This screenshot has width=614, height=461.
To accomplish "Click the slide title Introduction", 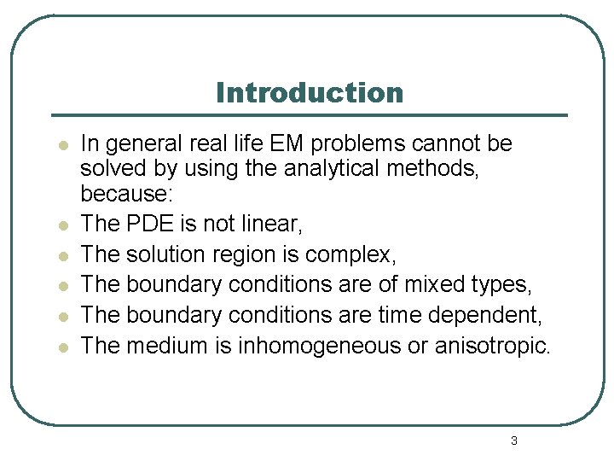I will pos(309,92).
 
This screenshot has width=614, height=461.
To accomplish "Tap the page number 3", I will pos(513,441).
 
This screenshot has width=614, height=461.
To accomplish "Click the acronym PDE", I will pos(149,225).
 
